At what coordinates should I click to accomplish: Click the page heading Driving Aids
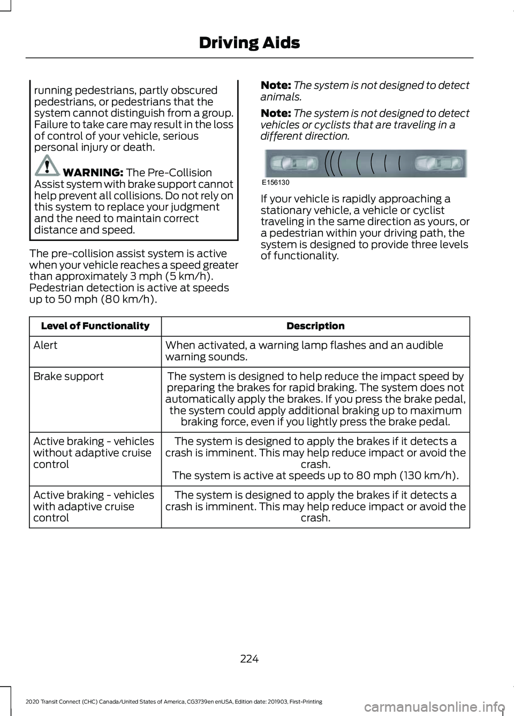[249, 43]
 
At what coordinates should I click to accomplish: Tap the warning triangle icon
[47, 165]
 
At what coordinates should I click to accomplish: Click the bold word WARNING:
[93, 172]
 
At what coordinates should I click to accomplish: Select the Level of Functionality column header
[95, 326]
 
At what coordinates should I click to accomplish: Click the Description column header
[315, 326]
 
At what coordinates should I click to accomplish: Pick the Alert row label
[45, 345]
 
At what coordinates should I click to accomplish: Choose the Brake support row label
[69, 376]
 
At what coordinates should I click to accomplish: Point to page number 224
[250, 659]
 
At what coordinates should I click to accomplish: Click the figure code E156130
[276, 183]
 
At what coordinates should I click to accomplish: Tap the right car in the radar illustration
[440, 163]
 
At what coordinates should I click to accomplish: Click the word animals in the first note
[279, 97]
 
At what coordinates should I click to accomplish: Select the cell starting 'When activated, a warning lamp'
[304, 351]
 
